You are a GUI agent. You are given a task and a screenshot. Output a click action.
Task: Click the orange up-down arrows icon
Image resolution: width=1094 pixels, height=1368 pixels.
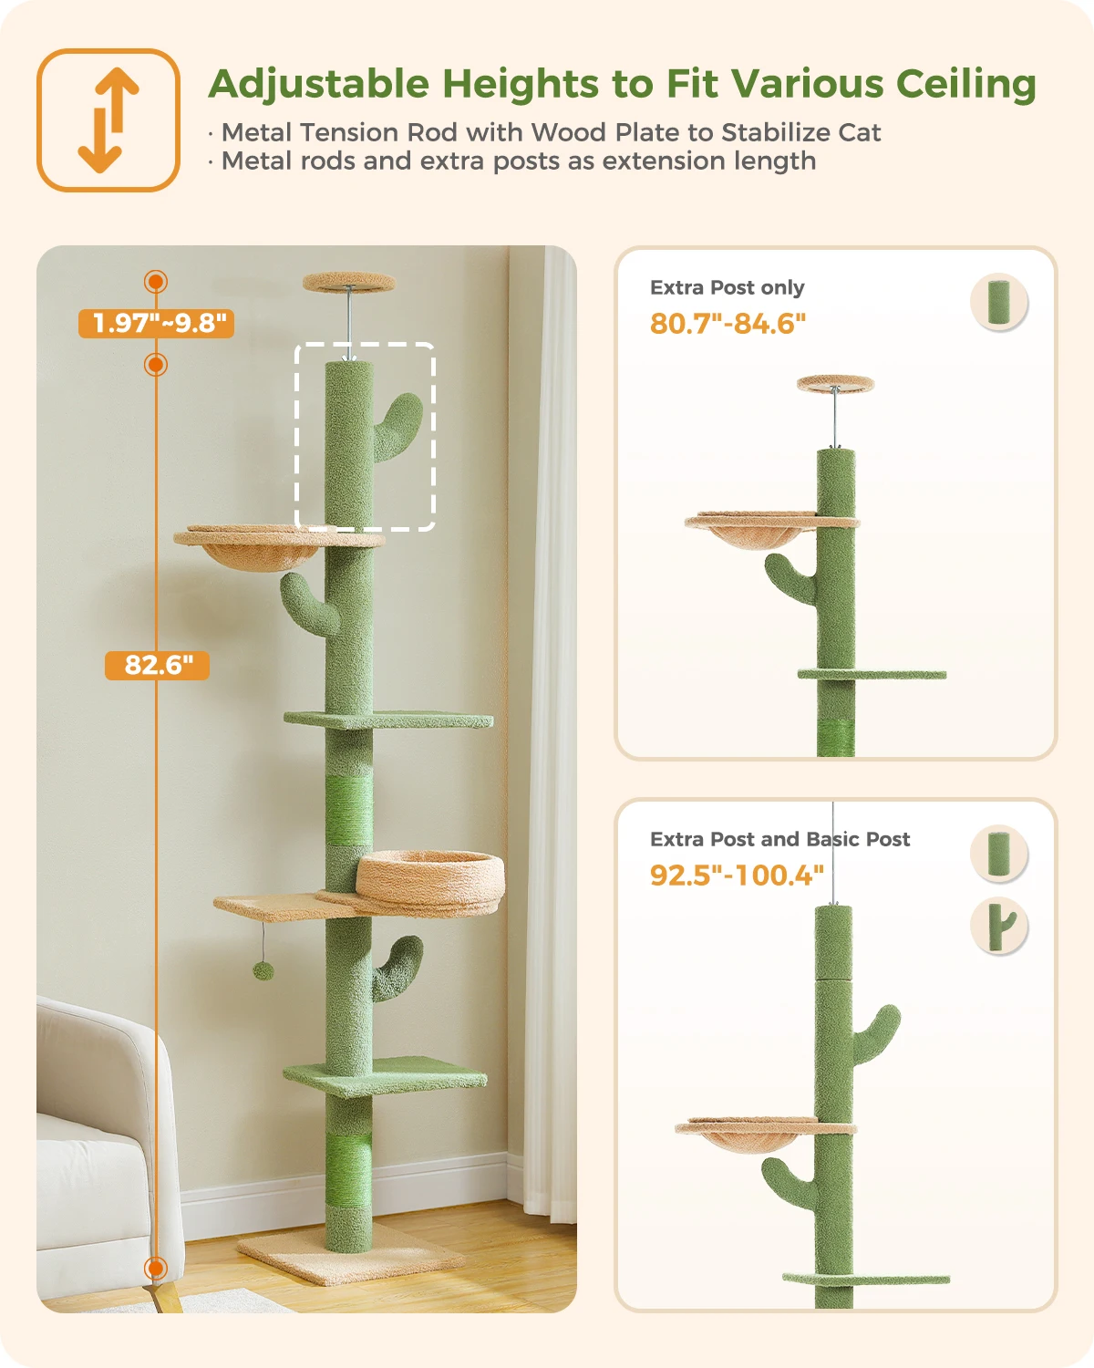coord(108,120)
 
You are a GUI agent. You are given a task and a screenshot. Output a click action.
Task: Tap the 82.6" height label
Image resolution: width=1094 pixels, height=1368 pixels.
coord(157,665)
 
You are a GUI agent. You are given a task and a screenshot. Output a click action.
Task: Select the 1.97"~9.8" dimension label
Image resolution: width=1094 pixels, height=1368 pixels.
coord(157,323)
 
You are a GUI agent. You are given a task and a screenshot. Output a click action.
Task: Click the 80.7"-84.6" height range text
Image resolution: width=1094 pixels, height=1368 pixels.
coord(728,324)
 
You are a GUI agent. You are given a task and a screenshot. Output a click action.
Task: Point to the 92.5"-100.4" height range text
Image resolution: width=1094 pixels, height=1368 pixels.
coord(737,876)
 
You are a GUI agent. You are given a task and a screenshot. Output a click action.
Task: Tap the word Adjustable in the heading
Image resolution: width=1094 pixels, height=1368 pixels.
coord(319,85)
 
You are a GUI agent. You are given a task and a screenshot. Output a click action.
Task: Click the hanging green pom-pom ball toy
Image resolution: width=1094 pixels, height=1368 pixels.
coord(263,970)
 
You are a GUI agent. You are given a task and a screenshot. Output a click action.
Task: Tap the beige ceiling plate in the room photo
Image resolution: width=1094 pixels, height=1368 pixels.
coord(349,282)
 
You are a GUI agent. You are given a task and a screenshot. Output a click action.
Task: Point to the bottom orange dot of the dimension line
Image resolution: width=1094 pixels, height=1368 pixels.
coord(156,1269)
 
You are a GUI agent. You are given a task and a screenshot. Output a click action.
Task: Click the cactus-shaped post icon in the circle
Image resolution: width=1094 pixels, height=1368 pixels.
coord(999,926)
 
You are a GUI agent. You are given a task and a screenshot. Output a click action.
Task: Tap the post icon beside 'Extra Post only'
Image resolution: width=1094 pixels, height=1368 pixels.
coord(999,302)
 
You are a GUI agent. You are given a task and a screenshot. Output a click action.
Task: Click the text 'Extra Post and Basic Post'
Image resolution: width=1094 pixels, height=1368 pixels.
coord(780,839)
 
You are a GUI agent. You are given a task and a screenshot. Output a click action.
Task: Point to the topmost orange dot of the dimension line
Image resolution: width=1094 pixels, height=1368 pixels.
coord(156,282)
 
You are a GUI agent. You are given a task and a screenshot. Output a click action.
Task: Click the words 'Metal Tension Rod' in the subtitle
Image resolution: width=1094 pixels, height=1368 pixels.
coord(340,132)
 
